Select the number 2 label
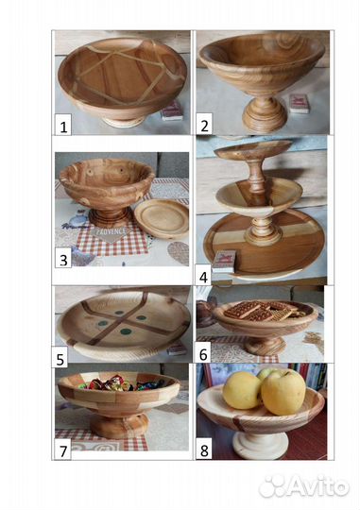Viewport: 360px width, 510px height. tap(204, 124)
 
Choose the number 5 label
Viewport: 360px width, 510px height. tap(60, 359)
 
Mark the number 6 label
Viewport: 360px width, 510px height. tap(203, 353)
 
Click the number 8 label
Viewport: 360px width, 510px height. tap(204, 450)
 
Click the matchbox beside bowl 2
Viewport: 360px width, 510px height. tap(300, 104)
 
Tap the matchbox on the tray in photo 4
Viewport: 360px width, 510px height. tap(223, 262)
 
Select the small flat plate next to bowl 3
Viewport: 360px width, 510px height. tap(162, 219)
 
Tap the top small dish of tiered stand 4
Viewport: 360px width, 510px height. tap(253, 149)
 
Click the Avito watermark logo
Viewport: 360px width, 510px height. tap(303, 486)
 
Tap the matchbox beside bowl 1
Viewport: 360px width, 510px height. tap(172, 111)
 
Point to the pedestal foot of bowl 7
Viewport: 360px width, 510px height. tap(119, 425)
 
